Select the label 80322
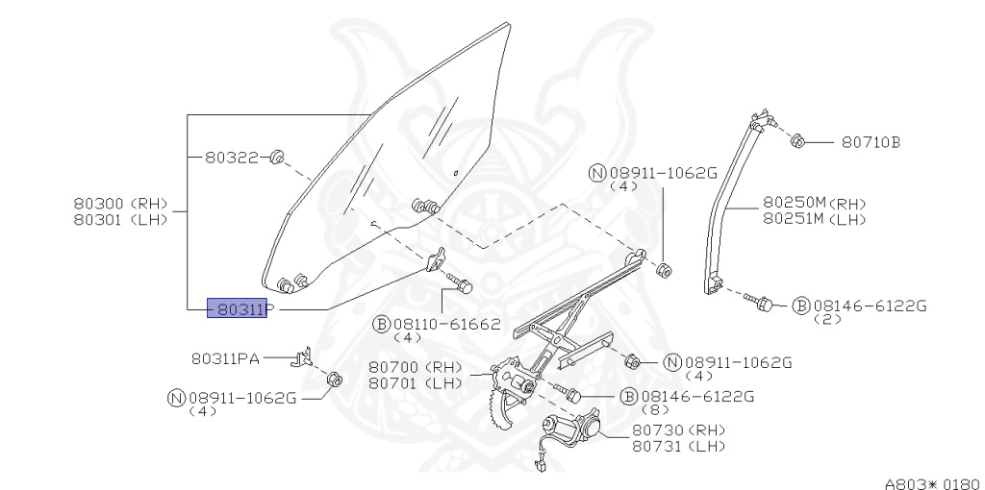pyautogui.click(x=232, y=158)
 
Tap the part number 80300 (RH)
pyautogui.click(x=120, y=204)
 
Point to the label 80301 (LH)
pyautogui.click(x=120, y=220)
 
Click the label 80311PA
pyautogui.click(x=225, y=359)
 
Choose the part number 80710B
pyautogui.click(x=871, y=142)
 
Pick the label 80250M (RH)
pyautogui.click(x=815, y=204)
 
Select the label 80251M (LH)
pyautogui.click(x=815, y=219)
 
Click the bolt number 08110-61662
pyautogui.click(x=447, y=324)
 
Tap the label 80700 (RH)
pyautogui.click(x=416, y=367)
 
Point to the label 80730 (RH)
pyautogui.click(x=678, y=430)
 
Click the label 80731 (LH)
pyautogui.click(x=678, y=447)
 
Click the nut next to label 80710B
pyautogui.click(x=797, y=140)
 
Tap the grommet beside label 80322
pyautogui.click(x=276, y=157)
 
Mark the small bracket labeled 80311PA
pyautogui.click(x=302, y=356)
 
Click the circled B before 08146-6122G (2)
pyautogui.click(x=801, y=306)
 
